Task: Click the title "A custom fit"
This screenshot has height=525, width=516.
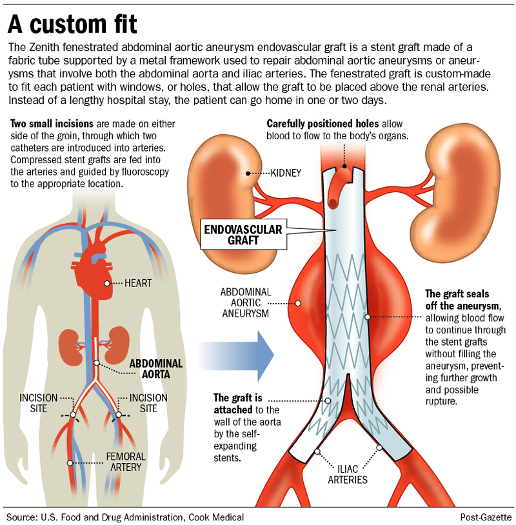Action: point(72,25)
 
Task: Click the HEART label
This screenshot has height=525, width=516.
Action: point(138,283)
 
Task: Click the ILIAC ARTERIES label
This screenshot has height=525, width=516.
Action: point(347,474)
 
